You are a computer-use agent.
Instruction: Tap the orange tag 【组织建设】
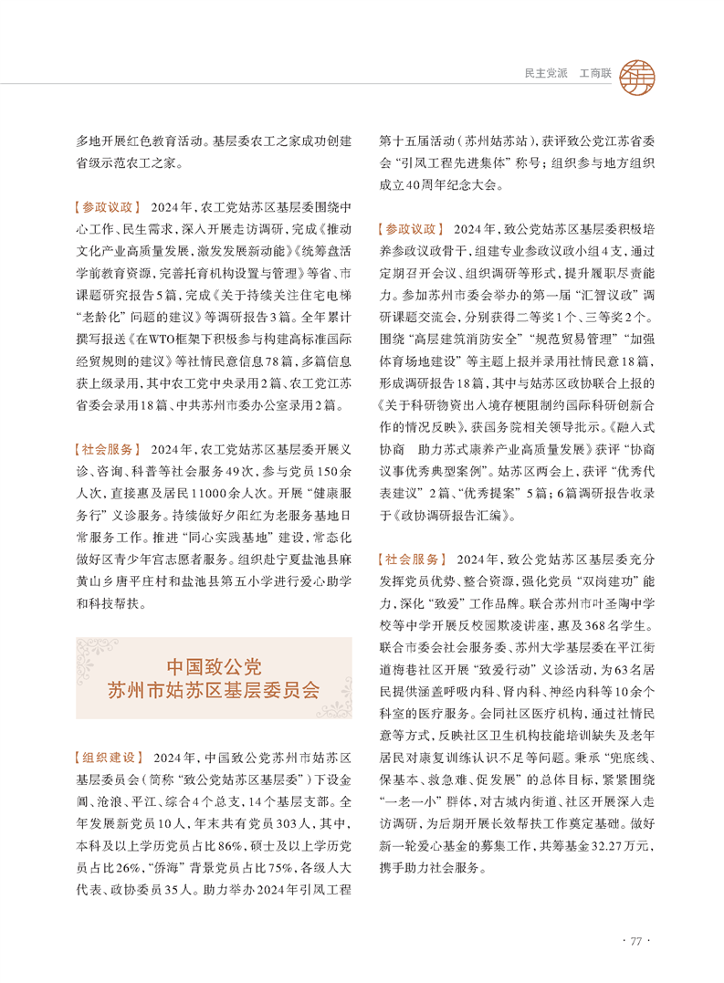click(x=108, y=758)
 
